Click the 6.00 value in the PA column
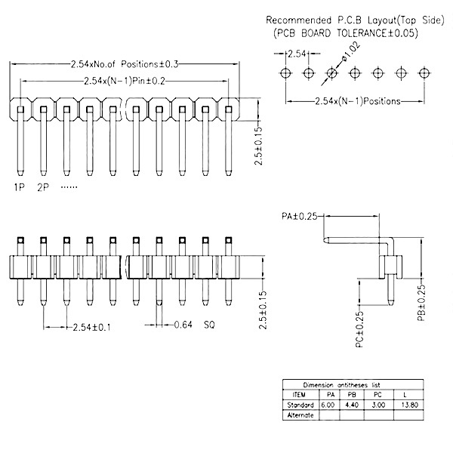[x=327, y=405]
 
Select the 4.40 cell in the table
[x=352, y=405]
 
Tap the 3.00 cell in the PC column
[x=377, y=405]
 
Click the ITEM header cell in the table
[x=298, y=395]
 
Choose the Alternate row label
[x=300, y=415]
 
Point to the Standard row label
[x=300, y=405]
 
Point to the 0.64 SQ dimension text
[x=195, y=325]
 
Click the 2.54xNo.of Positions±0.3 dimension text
[x=124, y=65]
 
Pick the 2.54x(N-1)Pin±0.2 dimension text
[x=124, y=81]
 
